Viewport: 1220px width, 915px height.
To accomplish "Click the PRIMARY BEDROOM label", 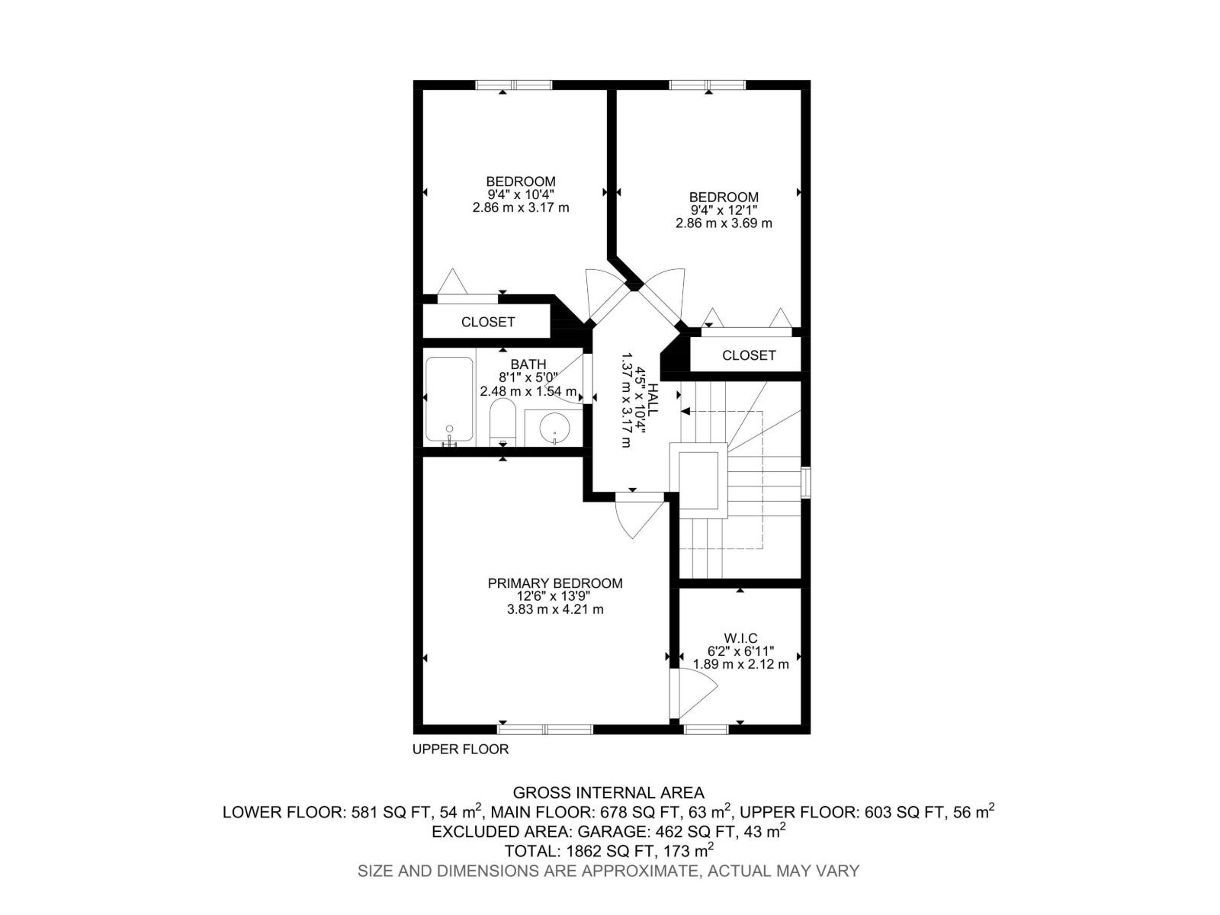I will pyautogui.click(x=554, y=583).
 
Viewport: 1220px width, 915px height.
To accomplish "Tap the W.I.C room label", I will pyautogui.click(x=740, y=638).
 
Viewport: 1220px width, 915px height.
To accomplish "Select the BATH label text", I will pyautogui.click(x=528, y=365).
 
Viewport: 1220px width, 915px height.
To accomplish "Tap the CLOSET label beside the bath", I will pyautogui.click(x=488, y=322).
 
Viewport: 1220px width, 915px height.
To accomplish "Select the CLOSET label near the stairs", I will pyautogui.click(x=749, y=355).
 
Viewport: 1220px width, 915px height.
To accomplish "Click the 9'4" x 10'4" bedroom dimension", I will pyautogui.click(x=521, y=194).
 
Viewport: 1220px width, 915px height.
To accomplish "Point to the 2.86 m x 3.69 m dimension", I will pyautogui.click(x=724, y=223).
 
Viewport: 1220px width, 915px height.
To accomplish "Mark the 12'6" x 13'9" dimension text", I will pyautogui.click(x=555, y=596).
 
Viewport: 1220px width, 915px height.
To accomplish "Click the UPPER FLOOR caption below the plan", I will pyautogui.click(x=461, y=750).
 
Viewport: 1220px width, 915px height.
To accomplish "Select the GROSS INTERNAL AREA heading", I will pyautogui.click(x=608, y=793).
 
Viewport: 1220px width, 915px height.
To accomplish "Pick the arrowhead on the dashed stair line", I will pyautogui.click(x=685, y=412).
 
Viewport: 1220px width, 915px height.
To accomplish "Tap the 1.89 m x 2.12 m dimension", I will pyautogui.click(x=740, y=664).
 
